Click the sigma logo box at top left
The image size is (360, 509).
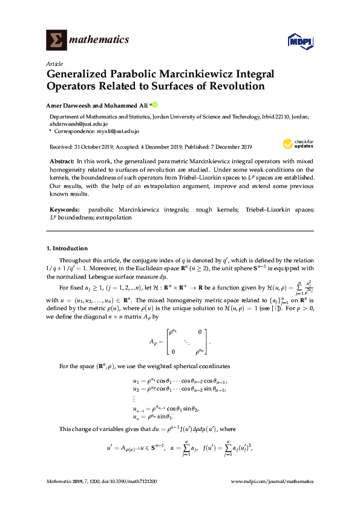click(x=57, y=40)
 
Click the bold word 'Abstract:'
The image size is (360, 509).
click(x=61, y=162)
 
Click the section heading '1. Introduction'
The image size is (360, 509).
click(x=67, y=248)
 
